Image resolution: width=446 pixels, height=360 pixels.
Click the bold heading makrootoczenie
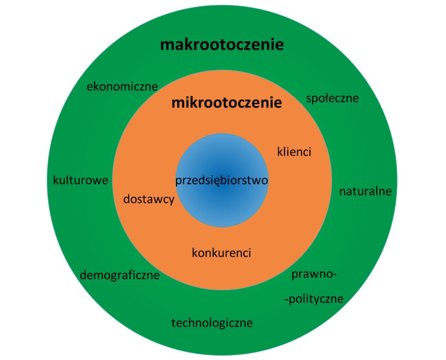tap(222, 45)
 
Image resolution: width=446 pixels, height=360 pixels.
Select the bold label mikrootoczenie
tap(226, 103)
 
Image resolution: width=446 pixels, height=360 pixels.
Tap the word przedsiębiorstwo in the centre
tap(222, 181)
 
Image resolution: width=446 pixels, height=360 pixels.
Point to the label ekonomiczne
tap(122, 87)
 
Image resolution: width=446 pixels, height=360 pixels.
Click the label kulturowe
tap(81, 180)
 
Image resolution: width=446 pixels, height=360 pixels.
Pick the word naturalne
tap(365, 191)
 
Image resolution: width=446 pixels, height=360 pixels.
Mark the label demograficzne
tap(120, 275)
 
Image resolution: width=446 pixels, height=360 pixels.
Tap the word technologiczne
tap(212, 323)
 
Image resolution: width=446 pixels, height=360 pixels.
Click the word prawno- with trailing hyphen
tap(314, 275)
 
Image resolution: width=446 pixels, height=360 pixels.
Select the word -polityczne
tap(314, 299)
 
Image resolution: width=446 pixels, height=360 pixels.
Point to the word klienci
tap(294, 151)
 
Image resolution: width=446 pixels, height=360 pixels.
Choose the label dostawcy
tap(149, 199)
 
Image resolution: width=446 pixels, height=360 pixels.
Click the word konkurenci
tap(222, 253)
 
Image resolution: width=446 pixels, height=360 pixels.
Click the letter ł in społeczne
tap(327, 98)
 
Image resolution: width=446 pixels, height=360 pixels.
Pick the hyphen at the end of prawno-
tap(335, 275)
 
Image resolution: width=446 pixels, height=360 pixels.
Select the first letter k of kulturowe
tap(56, 180)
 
